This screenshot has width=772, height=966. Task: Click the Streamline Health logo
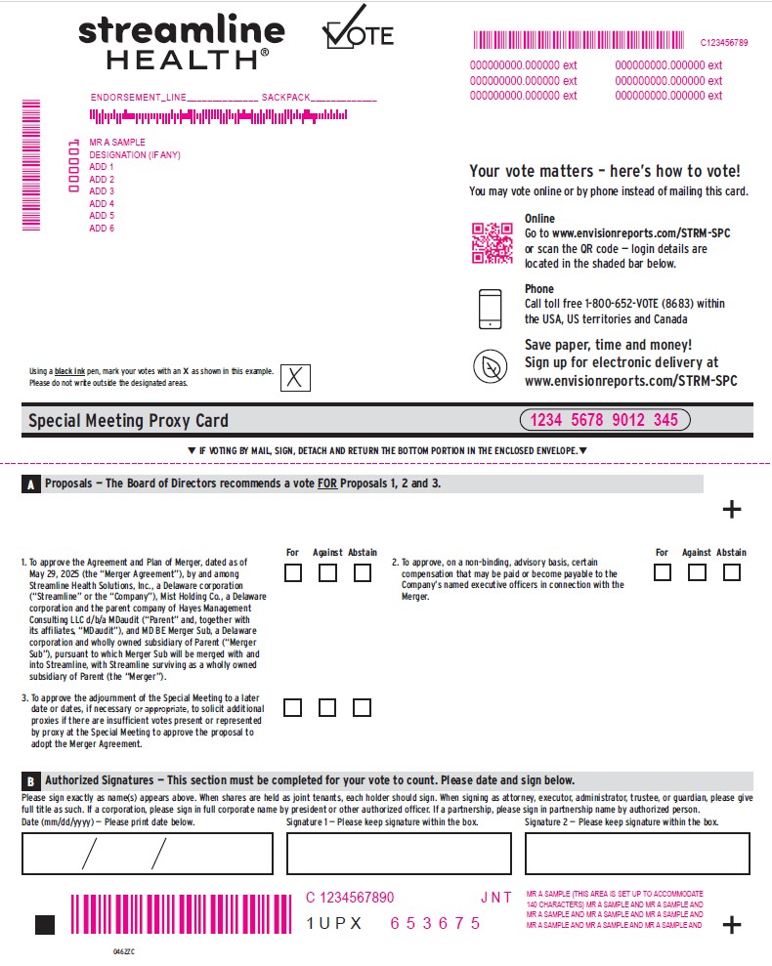pyautogui.click(x=181, y=42)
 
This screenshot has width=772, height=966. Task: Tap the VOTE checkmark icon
pyautogui.click(x=358, y=29)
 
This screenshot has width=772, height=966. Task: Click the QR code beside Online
pyautogui.click(x=493, y=243)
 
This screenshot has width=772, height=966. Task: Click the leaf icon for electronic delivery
pyautogui.click(x=490, y=366)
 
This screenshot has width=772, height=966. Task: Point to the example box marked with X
pyautogui.click(x=295, y=377)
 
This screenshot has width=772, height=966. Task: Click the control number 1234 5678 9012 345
pyautogui.click(x=604, y=420)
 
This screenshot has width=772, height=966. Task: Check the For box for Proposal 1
pyautogui.click(x=293, y=573)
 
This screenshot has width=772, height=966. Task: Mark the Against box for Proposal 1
pyautogui.click(x=327, y=573)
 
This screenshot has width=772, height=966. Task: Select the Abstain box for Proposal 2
pyautogui.click(x=731, y=572)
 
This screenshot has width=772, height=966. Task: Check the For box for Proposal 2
pyautogui.click(x=663, y=572)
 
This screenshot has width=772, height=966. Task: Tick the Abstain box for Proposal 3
pyautogui.click(x=363, y=707)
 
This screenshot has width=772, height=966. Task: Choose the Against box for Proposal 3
pyautogui.click(x=327, y=707)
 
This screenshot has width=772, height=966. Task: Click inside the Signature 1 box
pyautogui.click(x=400, y=853)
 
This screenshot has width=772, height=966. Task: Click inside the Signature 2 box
pyautogui.click(x=637, y=853)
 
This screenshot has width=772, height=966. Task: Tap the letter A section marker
pyautogui.click(x=31, y=484)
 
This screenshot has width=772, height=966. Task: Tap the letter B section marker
pyautogui.click(x=31, y=781)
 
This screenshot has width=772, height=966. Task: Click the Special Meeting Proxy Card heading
pyautogui.click(x=128, y=421)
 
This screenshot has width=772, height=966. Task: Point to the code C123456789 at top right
pyautogui.click(x=724, y=43)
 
